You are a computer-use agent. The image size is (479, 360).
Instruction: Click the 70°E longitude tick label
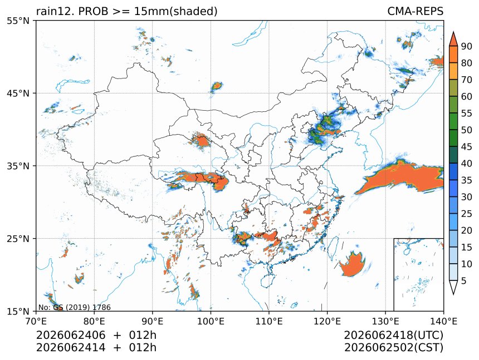click(36, 321)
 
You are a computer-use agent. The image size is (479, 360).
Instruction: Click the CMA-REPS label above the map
click(415, 11)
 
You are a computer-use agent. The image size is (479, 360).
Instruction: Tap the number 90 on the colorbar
click(467, 46)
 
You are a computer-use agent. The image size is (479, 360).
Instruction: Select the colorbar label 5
click(464, 280)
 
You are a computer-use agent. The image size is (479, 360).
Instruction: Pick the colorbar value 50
click(467, 130)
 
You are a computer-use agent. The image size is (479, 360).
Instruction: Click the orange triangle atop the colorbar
click(453, 38)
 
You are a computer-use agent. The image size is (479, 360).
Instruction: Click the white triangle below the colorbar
click(453, 287)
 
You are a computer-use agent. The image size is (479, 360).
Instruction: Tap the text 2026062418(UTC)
click(393, 335)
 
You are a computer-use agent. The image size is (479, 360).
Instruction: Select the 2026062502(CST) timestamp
click(393, 348)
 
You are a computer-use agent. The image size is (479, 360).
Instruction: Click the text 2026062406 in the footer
click(71, 335)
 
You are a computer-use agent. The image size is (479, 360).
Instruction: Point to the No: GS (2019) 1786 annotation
click(75, 307)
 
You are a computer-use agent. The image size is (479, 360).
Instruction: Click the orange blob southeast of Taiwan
click(351, 265)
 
